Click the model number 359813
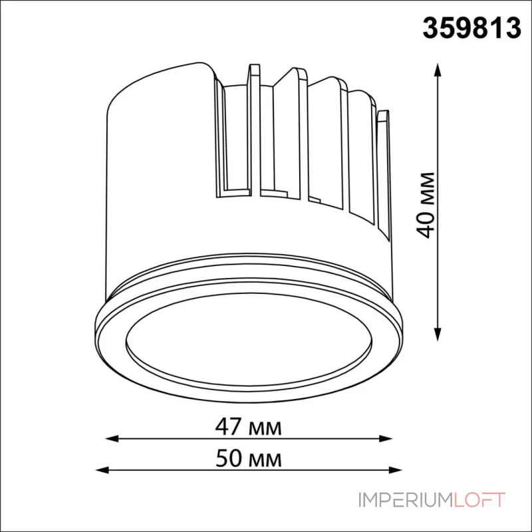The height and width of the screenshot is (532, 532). point(471,28)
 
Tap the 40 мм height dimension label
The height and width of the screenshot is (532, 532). point(426,205)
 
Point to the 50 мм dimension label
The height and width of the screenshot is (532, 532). point(249,458)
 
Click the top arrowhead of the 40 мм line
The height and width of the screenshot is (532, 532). point(438,70)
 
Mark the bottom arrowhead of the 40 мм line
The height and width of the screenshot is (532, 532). point(438,334)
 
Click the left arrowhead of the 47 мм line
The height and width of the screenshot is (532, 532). point(112,438)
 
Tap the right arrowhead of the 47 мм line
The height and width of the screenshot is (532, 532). point(386,438)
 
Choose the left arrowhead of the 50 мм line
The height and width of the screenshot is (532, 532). point(103,470)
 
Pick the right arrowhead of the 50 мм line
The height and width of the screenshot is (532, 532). point(395,470)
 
